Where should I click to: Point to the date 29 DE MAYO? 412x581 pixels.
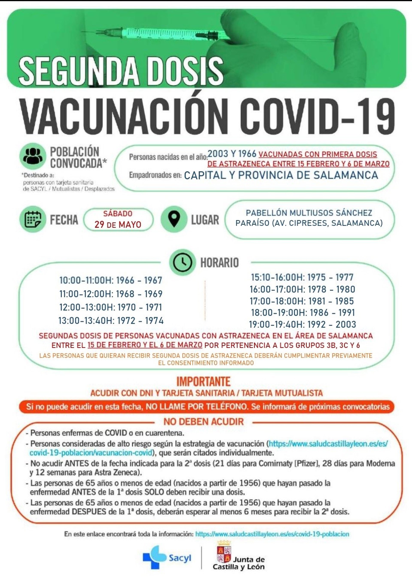(x=118, y=225)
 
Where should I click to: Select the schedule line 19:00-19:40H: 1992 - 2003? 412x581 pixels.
(x=302, y=324)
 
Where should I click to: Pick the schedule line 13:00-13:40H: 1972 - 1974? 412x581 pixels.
(x=111, y=321)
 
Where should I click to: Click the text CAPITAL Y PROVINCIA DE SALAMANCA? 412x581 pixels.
(x=281, y=175)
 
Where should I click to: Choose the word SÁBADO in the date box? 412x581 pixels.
(x=118, y=213)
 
